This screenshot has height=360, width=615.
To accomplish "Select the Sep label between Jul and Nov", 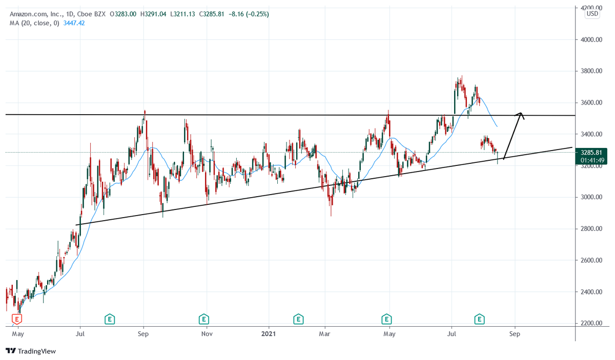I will [x=143, y=334].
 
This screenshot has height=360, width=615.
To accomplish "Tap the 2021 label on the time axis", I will [x=269, y=334].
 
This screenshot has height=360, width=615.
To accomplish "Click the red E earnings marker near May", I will [x=17, y=320].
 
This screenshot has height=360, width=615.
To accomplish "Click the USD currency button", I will [x=592, y=14].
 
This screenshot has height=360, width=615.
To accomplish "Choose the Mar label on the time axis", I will [x=325, y=334].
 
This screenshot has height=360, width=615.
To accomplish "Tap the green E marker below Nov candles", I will [x=204, y=320].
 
